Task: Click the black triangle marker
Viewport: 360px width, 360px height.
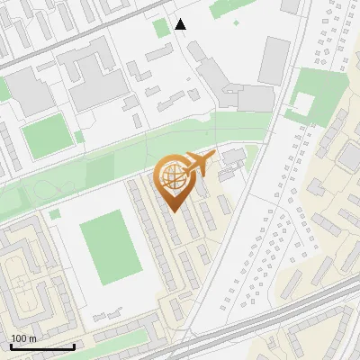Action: coord(180,24)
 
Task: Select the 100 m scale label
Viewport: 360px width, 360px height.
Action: coord(24,338)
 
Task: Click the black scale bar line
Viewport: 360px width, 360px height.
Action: coord(42,346)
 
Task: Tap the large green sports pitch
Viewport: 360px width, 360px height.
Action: coord(111,245)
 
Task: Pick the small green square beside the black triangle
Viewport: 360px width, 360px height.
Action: coord(161,28)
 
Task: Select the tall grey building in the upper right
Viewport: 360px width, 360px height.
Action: coord(274,60)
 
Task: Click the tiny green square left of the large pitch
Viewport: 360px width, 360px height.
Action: coord(55,214)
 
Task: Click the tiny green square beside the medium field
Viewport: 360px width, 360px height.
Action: coord(79,137)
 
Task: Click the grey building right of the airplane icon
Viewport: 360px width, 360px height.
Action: coord(233,157)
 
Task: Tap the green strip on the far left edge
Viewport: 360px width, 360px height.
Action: coord(4,89)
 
